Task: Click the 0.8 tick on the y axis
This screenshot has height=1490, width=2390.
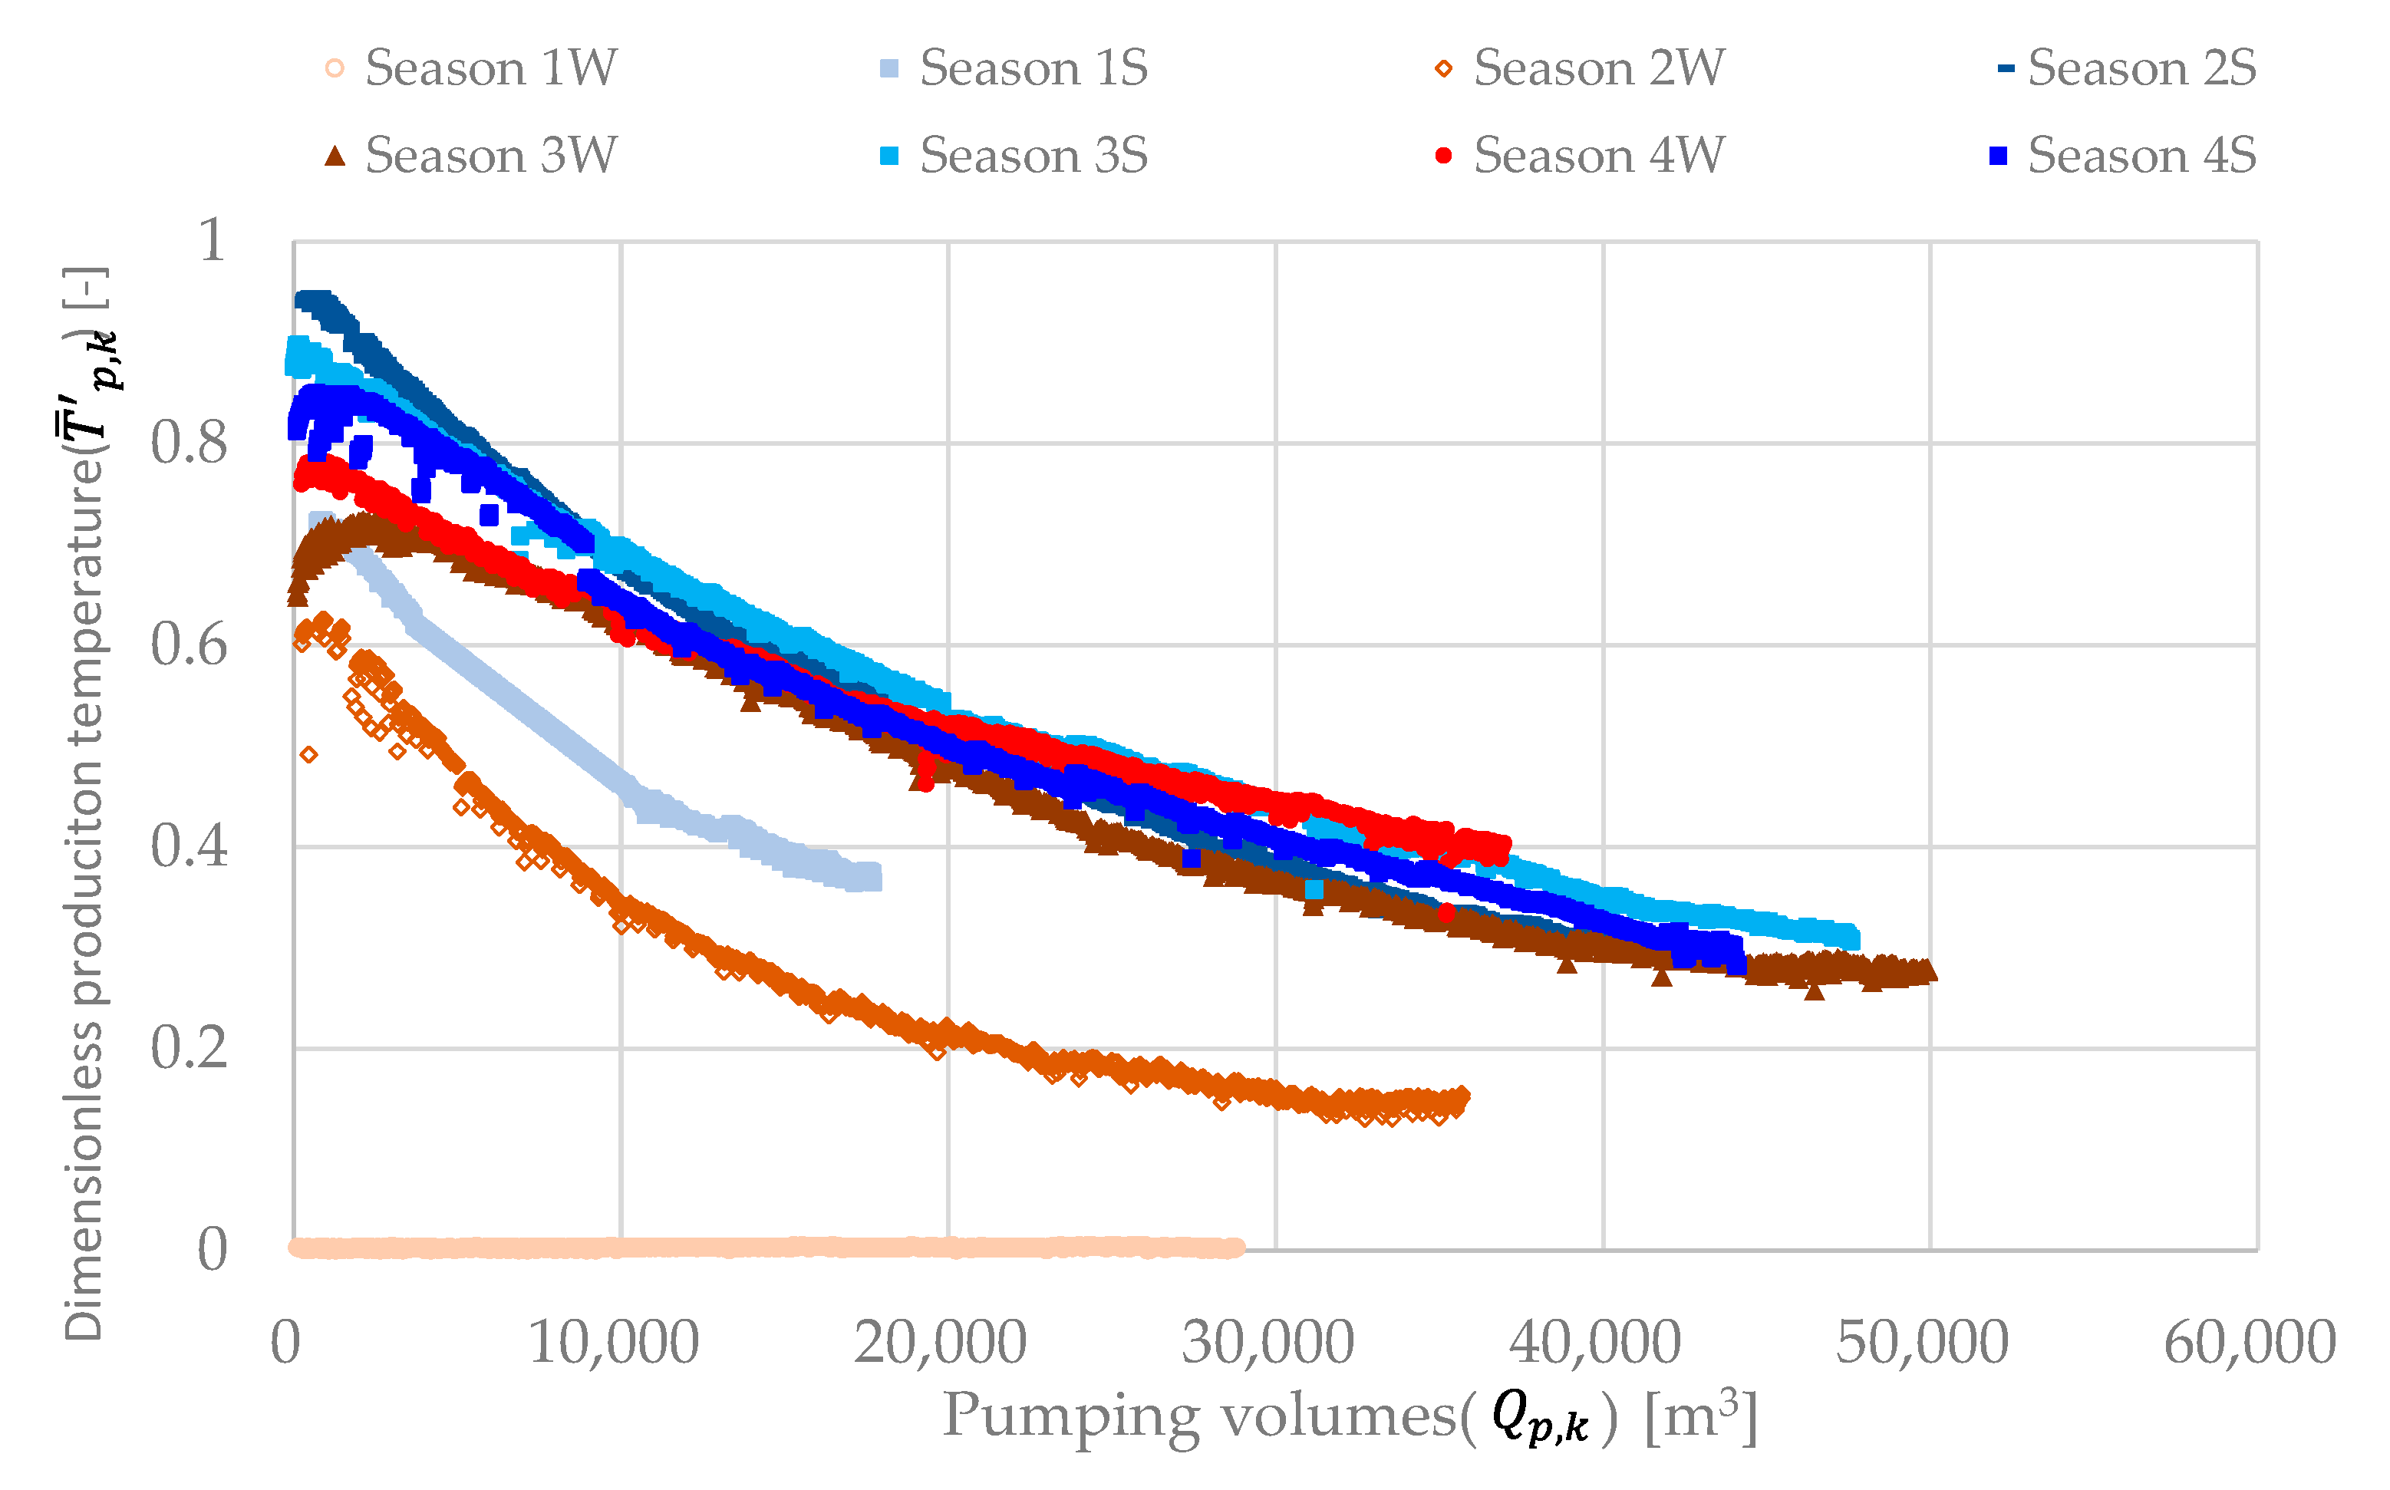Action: tap(190, 443)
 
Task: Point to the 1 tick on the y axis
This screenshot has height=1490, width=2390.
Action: tap(212, 239)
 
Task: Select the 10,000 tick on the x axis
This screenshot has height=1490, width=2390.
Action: tap(614, 1342)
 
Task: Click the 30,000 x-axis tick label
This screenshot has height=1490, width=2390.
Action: tap(1269, 1342)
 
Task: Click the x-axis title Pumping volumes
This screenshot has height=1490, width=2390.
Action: tap(1350, 1417)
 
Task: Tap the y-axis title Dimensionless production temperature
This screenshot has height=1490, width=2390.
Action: tap(87, 803)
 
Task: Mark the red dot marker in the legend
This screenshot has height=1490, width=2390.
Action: tap(1443, 156)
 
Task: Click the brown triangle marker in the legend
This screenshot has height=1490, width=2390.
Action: tap(335, 156)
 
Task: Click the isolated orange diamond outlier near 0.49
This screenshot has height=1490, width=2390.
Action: tap(308, 755)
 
